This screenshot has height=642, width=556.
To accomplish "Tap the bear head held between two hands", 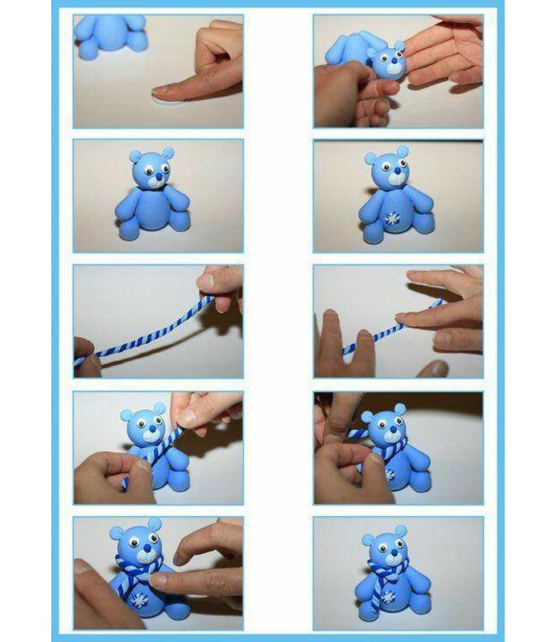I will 387,61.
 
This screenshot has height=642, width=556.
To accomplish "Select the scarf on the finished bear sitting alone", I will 389,568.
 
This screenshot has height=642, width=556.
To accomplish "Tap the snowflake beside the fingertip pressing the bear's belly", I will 139,595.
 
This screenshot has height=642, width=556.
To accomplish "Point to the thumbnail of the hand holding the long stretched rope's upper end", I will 205,280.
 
